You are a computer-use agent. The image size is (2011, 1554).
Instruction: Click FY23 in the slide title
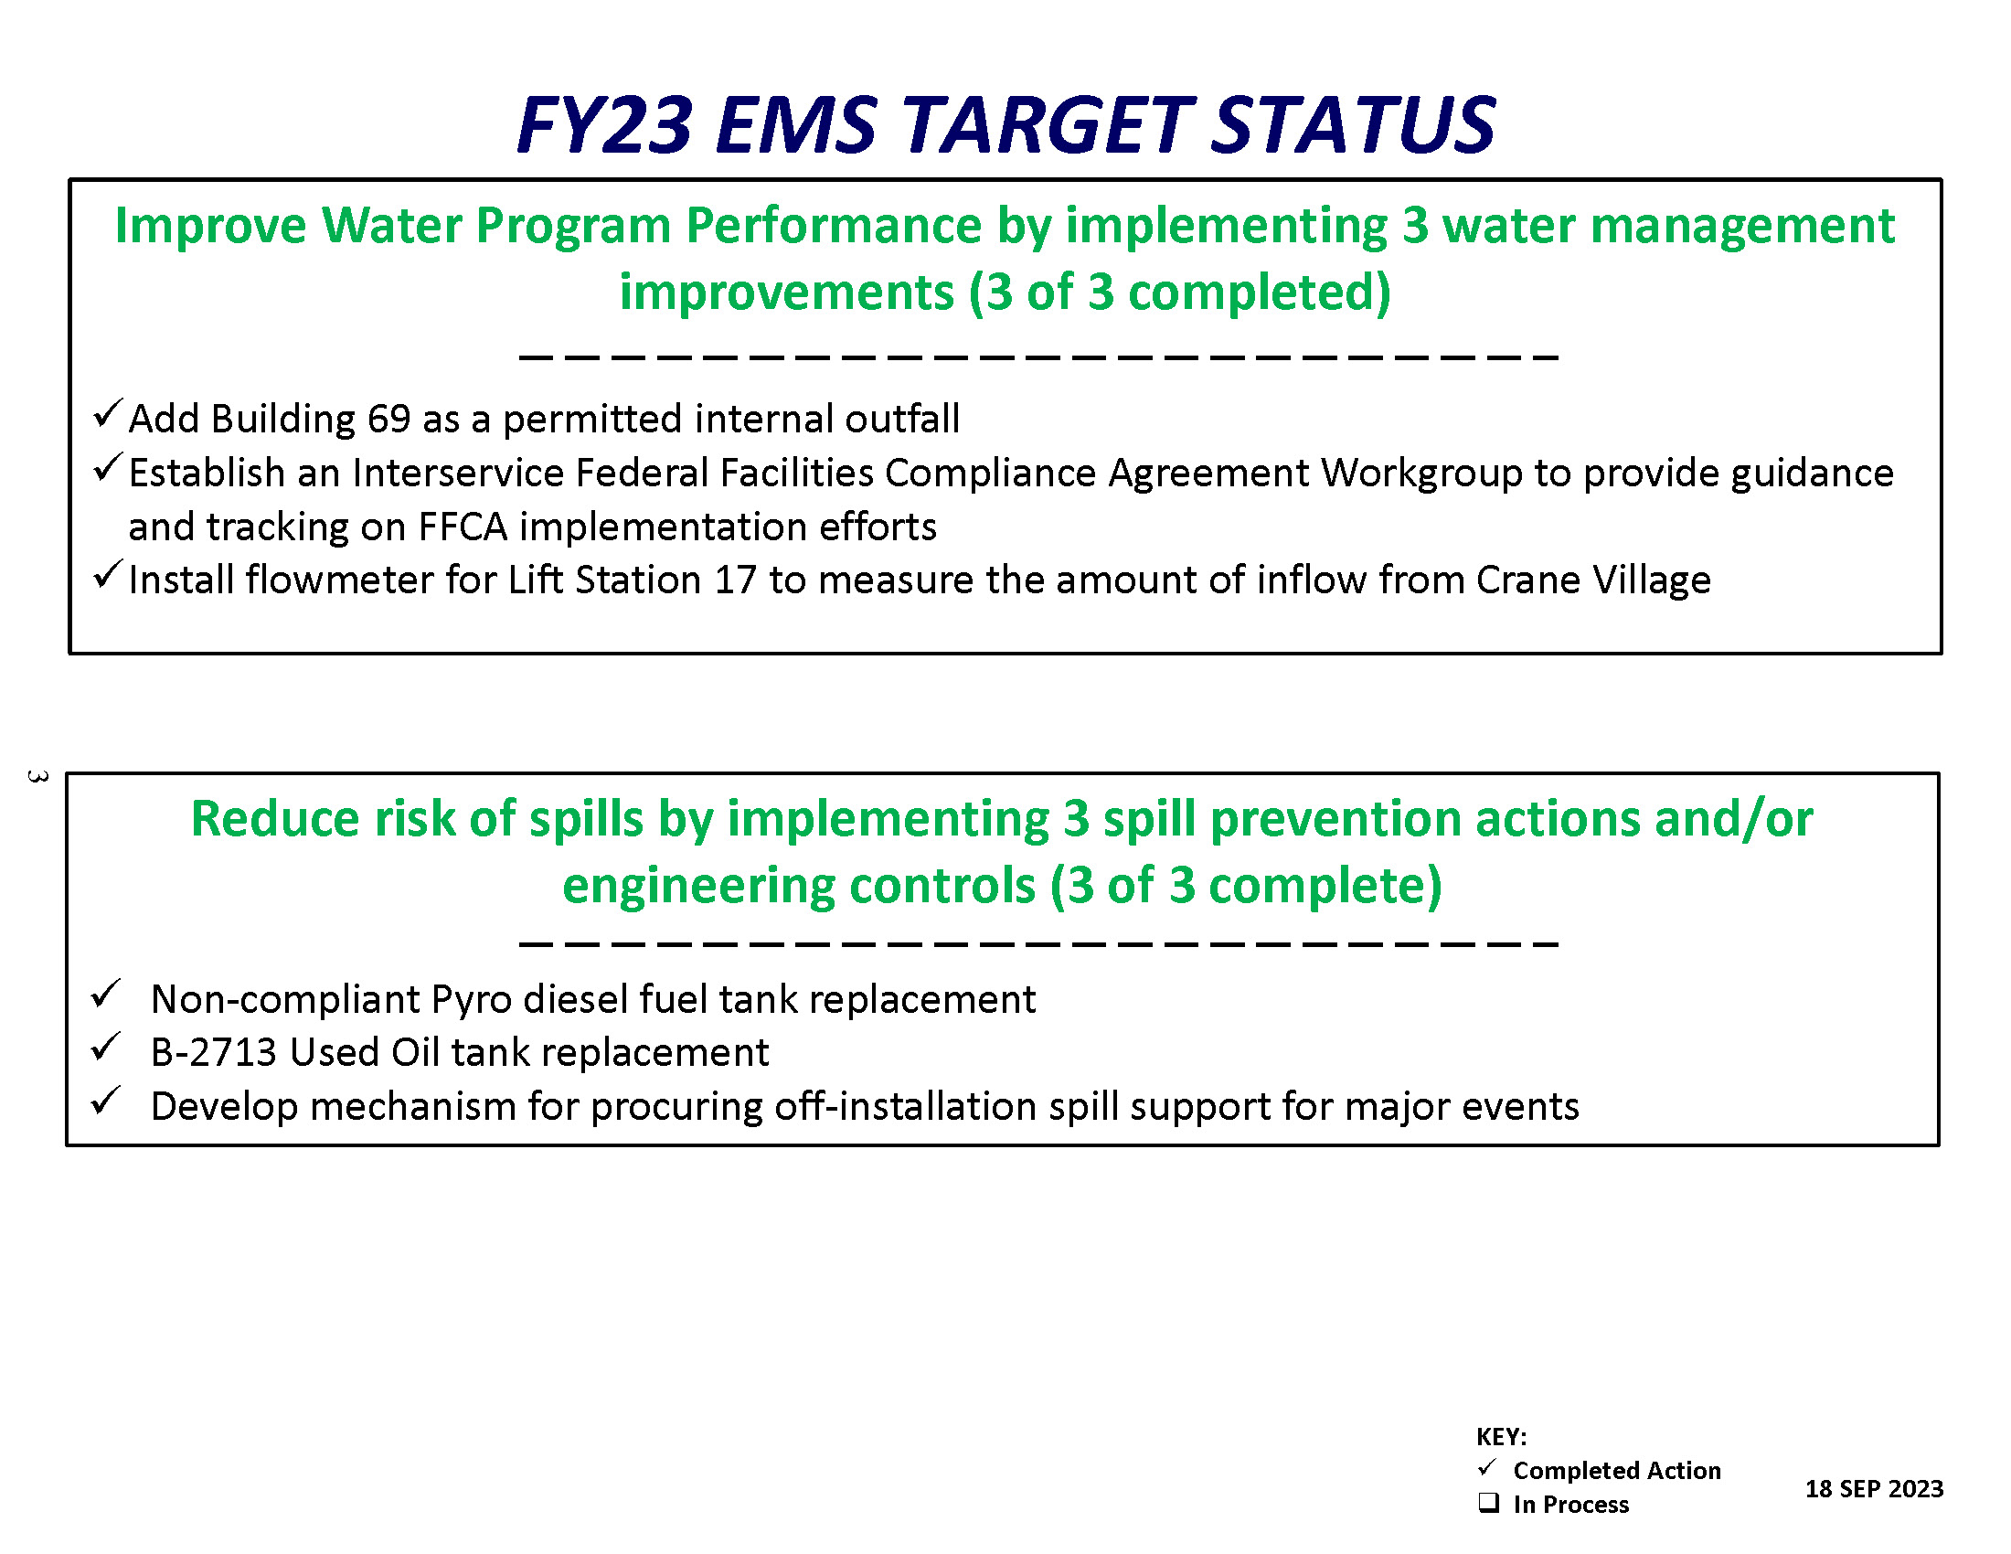604,124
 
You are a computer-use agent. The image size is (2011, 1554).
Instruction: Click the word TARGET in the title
1045,124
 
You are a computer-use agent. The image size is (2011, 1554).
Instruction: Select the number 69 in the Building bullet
388,419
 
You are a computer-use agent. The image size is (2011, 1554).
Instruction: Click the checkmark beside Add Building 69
108,413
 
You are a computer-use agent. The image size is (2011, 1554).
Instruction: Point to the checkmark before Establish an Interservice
108,468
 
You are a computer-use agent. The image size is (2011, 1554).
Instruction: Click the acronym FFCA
463,527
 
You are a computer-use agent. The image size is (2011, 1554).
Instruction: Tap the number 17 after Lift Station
735,580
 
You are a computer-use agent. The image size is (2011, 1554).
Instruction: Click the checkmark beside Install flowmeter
108,574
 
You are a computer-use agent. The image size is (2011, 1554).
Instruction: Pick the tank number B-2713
214,1052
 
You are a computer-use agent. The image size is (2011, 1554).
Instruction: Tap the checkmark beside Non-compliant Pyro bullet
106,995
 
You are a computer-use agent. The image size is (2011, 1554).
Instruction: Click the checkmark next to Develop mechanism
106,1102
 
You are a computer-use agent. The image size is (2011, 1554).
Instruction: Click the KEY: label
1501,1437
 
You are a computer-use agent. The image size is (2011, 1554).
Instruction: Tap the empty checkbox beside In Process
1488,1503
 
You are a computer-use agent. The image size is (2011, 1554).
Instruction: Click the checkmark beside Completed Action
1487,1466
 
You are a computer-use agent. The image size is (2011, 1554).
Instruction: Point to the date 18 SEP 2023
1874,1488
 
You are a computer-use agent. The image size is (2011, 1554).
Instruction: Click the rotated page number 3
37,776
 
